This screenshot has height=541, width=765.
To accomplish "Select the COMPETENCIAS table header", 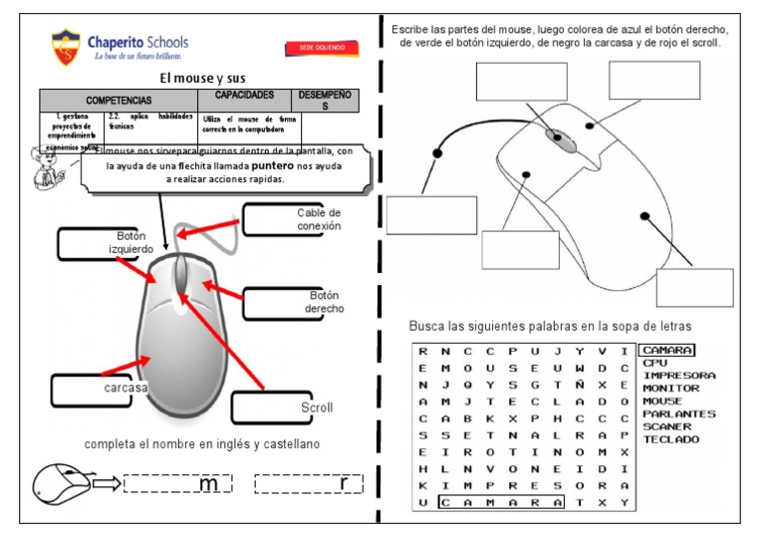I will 119,101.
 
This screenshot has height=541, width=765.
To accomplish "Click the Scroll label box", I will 285,407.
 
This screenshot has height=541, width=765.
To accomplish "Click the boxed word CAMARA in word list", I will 666,351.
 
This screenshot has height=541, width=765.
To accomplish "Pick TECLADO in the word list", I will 670,439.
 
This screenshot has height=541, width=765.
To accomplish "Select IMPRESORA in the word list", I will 679,376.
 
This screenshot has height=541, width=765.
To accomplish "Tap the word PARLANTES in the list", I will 679,413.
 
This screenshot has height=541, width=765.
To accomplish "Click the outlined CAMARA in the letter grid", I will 501,502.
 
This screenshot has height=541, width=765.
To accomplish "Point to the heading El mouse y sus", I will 202,78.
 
